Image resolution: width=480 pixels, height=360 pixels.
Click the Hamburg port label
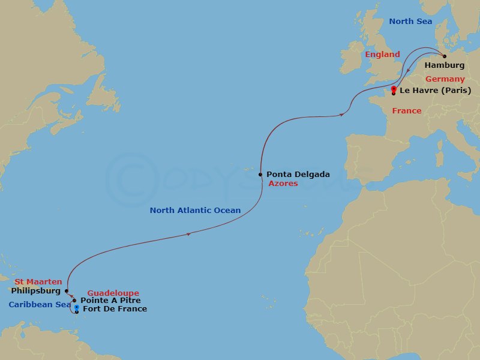(x=445, y=65)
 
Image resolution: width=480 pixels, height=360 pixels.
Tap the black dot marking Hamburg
(x=445, y=56)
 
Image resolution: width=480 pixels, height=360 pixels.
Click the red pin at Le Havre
(x=393, y=90)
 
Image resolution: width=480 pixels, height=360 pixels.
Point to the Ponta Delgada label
(x=298, y=175)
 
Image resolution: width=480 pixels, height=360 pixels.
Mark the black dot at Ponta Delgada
(x=260, y=175)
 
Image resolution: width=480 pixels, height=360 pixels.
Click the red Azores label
(x=283, y=184)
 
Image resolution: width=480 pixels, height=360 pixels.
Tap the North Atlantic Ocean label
(x=195, y=211)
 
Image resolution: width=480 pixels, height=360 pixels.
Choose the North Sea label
(x=410, y=22)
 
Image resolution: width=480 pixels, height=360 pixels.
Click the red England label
(x=382, y=55)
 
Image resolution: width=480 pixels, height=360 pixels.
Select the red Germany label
(x=445, y=79)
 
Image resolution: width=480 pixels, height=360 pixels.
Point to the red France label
(x=406, y=111)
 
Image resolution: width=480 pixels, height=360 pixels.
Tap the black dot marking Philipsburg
(x=66, y=291)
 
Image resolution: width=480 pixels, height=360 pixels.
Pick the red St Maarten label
(x=38, y=281)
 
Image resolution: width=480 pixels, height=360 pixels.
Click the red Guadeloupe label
(x=113, y=293)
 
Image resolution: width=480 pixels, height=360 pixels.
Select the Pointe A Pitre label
(x=110, y=300)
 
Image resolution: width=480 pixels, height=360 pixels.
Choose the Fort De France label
(x=115, y=309)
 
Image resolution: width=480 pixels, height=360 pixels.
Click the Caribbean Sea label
(x=40, y=305)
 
